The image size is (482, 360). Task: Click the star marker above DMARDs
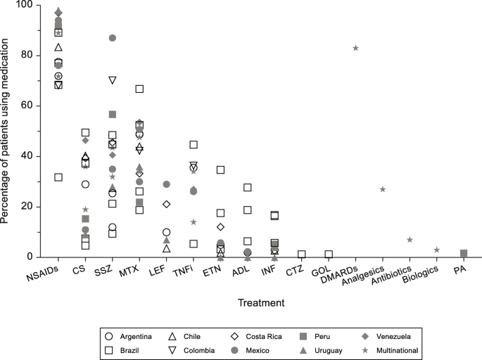pyautogui.click(x=355, y=48)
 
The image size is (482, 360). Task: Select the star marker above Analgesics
pyautogui.click(x=383, y=189)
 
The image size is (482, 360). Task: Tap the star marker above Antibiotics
pyautogui.click(x=410, y=240)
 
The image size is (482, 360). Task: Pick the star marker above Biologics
pyautogui.click(x=437, y=250)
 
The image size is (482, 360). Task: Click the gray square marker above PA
pyautogui.click(x=464, y=253)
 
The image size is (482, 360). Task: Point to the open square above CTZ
pyautogui.click(x=302, y=255)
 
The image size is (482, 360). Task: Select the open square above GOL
pyautogui.click(x=329, y=255)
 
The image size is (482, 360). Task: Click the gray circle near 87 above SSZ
pyautogui.click(x=113, y=38)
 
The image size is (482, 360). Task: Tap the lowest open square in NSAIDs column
pyautogui.click(x=58, y=177)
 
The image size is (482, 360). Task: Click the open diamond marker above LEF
pyautogui.click(x=167, y=204)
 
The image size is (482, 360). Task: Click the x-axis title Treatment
pyautogui.click(x=260, y=304)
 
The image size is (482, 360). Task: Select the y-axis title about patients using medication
pyautogui.click(x=7, y=131)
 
